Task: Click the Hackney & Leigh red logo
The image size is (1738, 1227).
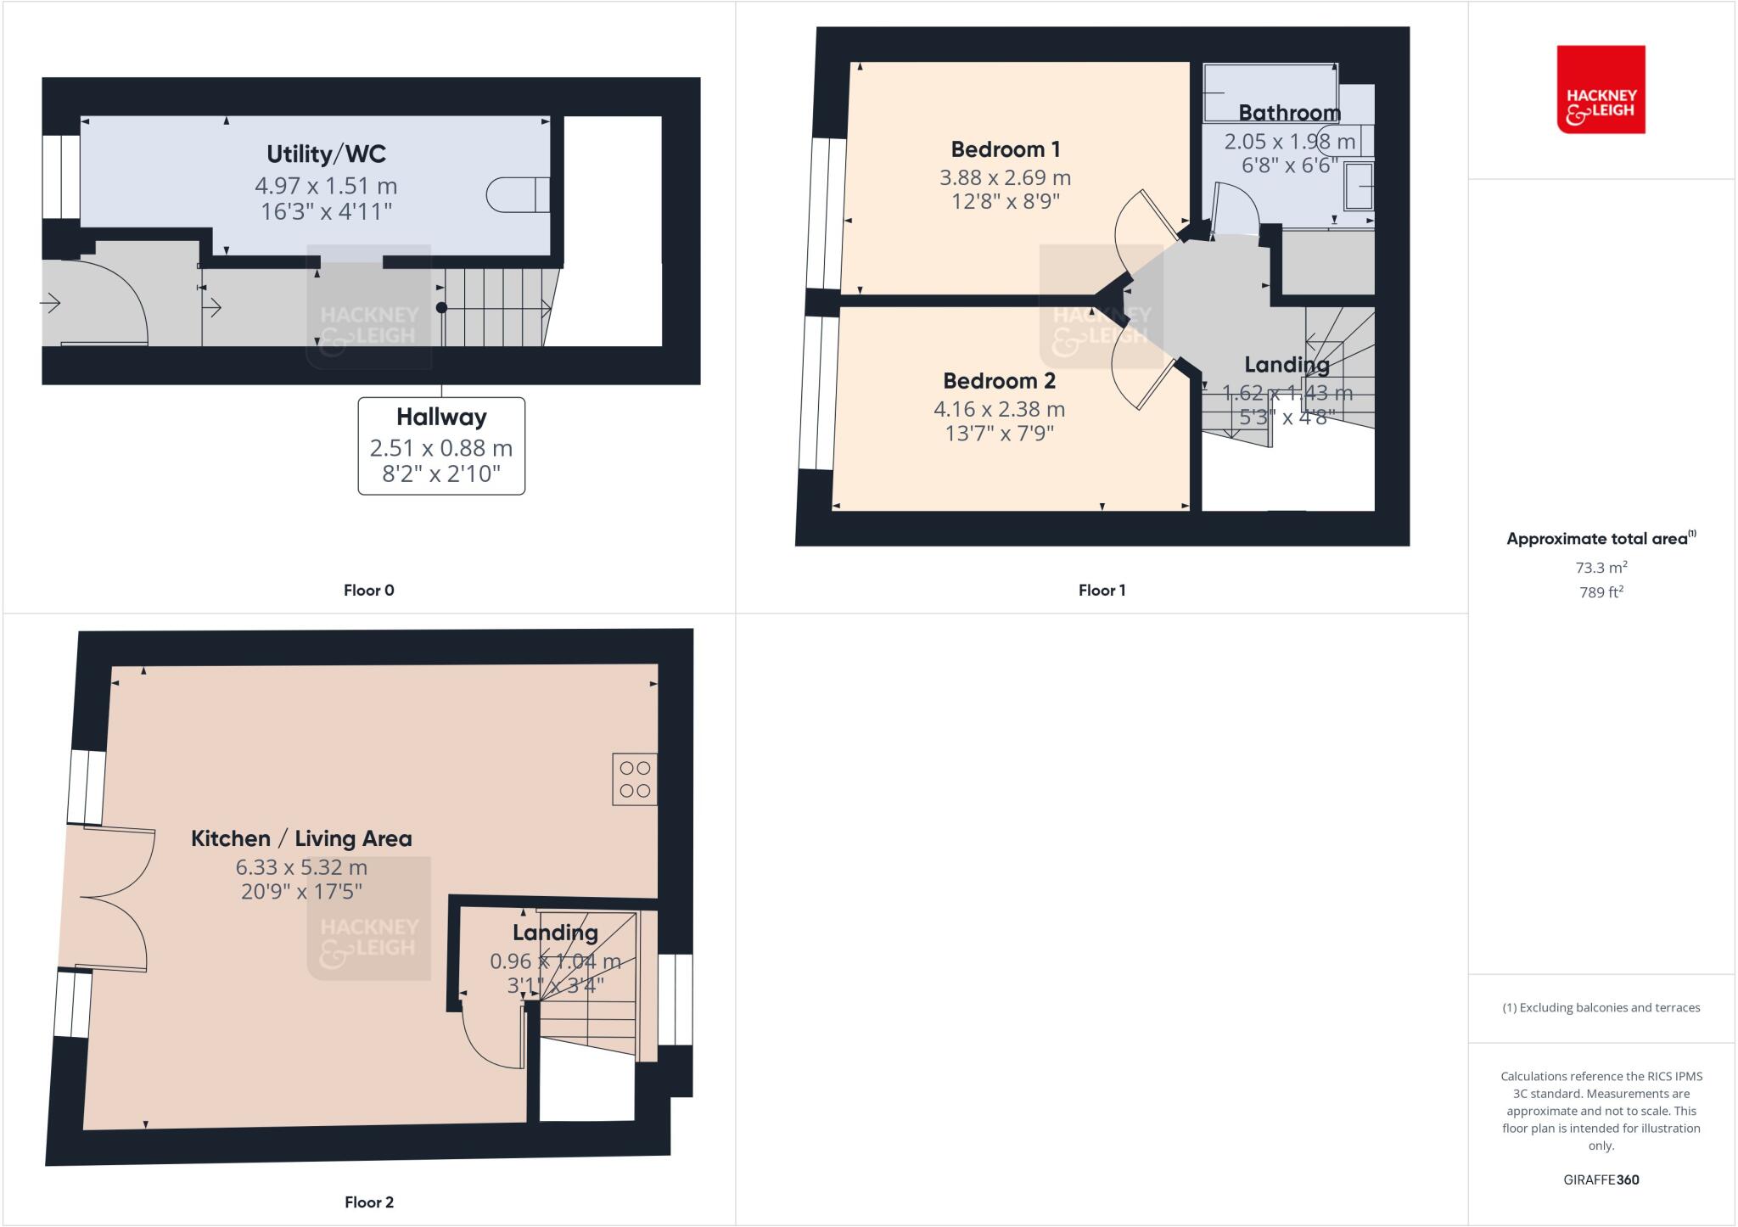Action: tap(1601, 89)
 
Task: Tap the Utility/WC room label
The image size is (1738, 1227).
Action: tap(326, 154)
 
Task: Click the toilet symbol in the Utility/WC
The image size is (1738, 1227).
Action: tap(518, 195)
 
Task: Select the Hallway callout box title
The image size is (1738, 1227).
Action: tap(441, 417)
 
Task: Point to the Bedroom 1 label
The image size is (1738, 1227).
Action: tap(1005, 150)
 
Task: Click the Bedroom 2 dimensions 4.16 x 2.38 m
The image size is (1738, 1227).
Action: tap(999, 410)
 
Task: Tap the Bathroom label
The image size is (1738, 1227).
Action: tap(1289, 113)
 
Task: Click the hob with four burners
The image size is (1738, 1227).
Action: tap(635, 779)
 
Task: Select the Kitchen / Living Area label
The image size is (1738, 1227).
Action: tap(301, 839)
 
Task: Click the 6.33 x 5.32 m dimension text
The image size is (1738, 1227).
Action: tap(301, 868)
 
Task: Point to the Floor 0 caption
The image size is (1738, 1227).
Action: tap(368, 591)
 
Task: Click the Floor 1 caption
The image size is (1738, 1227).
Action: tap(1102, 591)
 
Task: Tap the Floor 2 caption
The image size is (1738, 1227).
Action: tap(368, 1202)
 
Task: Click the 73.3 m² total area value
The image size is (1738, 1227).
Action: tap(1601, 568)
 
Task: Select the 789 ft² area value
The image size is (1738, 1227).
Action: tap(1601, 592)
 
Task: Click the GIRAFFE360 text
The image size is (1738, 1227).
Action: tap(1601, 1179)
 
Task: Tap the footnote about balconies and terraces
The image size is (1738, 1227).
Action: tap(1601, 1008)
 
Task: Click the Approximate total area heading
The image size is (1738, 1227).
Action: tap(1599, 539)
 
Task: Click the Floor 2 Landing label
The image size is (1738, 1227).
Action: tap(555, 933)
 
